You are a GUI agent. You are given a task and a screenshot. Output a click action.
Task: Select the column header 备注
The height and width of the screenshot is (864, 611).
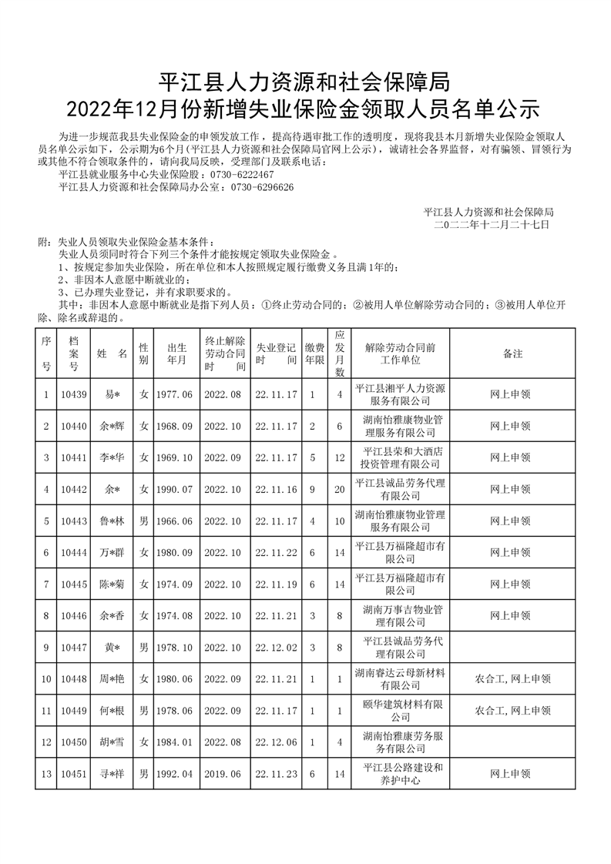click(x=512, y=353)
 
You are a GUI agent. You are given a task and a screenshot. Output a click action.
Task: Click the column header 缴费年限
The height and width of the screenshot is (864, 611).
click(x=313, y=353)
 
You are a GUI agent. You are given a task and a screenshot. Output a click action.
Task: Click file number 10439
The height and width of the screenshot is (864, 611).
click(x=73, y=394)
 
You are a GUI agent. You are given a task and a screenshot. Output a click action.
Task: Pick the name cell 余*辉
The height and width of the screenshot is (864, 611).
click(x=112, y=426)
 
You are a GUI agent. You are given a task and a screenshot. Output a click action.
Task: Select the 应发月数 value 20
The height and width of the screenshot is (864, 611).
click(x=338, y=489)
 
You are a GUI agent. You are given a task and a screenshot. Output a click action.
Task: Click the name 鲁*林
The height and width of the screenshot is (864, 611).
click(x=112, y=521)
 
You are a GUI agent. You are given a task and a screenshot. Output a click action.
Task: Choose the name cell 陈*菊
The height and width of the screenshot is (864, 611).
click(x=112, y=584)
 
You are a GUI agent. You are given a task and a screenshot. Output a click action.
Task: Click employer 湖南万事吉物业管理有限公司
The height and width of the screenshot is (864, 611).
click(x=400, y=615)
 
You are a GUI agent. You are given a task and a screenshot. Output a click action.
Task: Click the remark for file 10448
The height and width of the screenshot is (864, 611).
click(x=512, y=679)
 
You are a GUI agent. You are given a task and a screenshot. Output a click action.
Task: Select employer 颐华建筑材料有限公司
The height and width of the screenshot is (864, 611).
click(x=400, y=711)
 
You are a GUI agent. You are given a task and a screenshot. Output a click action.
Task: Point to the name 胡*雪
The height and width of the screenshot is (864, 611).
click(x=112, y=742)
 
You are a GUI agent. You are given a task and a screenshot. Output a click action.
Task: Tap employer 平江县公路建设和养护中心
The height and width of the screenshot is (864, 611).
click(x=400, y=774)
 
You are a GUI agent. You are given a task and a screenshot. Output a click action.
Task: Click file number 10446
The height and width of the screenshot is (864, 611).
click(x=73, y=615)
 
